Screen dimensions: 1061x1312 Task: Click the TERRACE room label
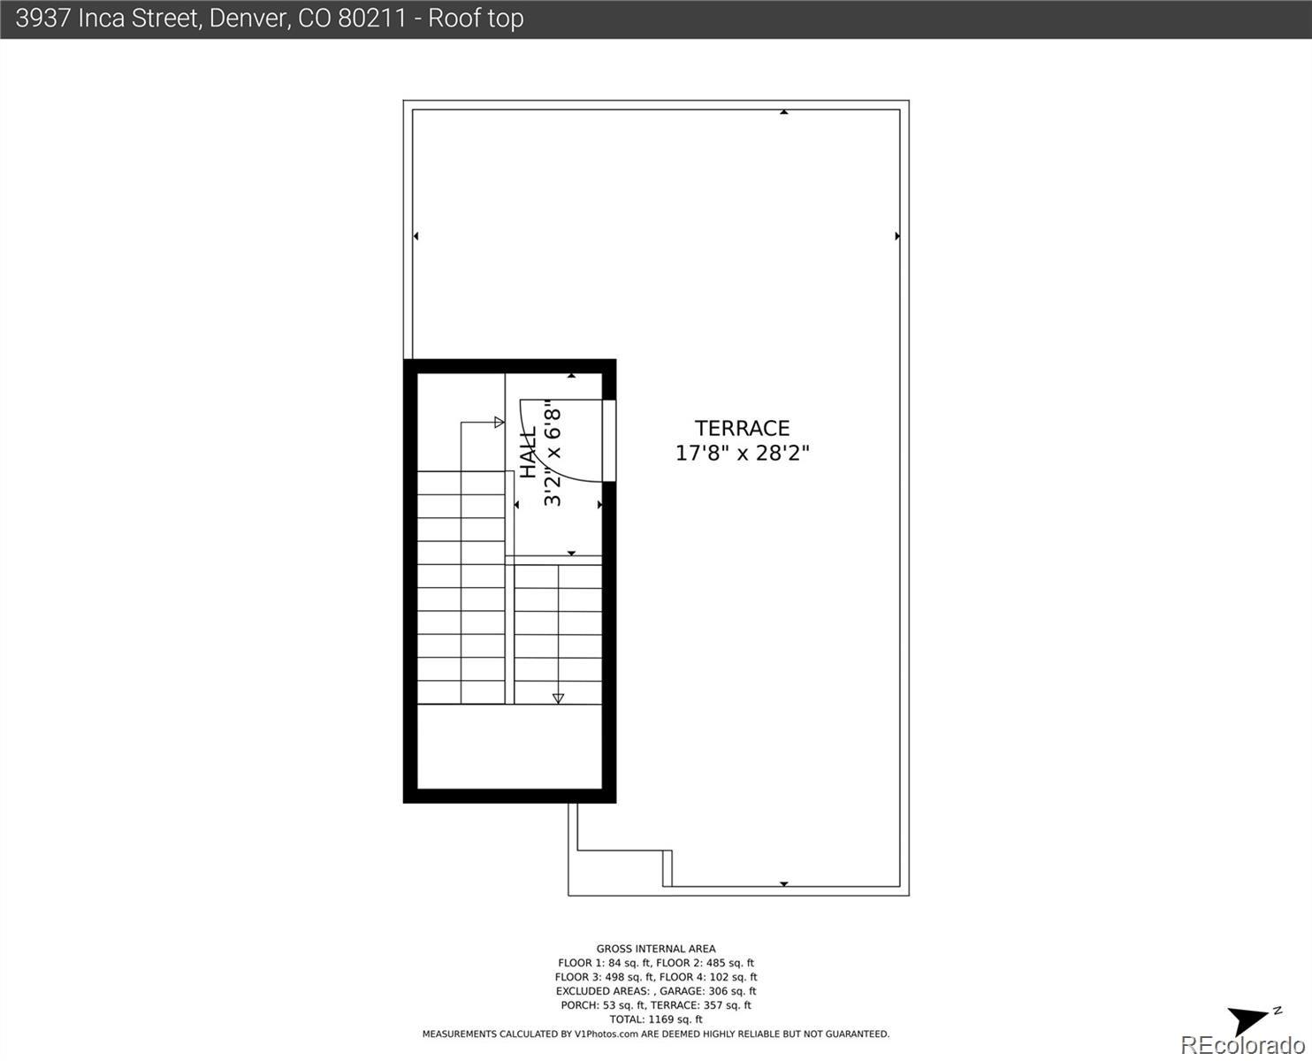point(742,428)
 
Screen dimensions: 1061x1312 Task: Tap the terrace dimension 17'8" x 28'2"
point(742,454)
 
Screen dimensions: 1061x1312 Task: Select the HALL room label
point(529,453)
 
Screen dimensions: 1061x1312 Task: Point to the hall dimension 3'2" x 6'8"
point(553,453)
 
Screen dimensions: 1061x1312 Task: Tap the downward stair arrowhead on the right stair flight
point(558,698)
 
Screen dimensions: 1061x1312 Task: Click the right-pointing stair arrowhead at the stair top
point(500,422)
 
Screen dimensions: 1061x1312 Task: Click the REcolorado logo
point(1244,1045)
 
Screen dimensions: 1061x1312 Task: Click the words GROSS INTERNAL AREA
point(656,949)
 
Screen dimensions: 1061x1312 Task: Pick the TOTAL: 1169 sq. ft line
point(656,1019)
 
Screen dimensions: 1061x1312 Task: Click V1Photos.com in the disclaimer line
point(606,1034)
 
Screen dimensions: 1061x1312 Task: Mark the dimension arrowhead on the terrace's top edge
point(784,112)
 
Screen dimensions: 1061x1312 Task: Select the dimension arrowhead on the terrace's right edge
point(897,236)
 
